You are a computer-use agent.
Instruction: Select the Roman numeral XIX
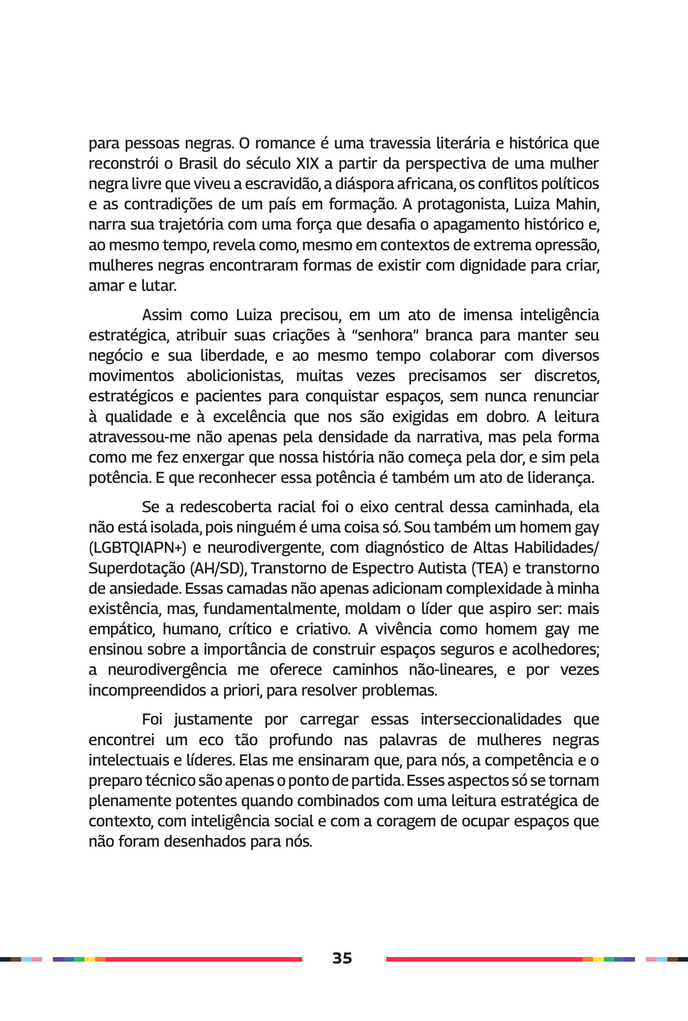[307, 164]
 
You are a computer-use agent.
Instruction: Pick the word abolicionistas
[235, 376]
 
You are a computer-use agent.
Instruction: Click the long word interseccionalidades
[491, 720]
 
